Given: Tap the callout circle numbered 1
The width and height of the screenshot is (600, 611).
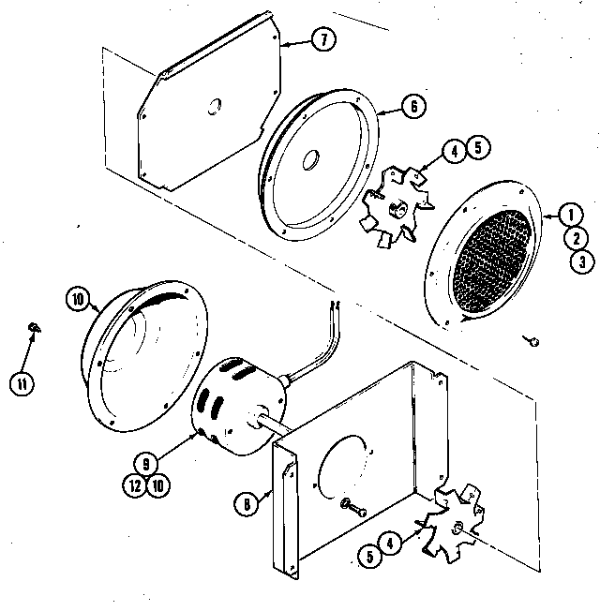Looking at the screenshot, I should click(568, 215).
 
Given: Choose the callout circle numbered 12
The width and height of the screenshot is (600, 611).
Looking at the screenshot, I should click(134, 484).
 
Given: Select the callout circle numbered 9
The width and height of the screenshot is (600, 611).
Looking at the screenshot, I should click(145, 461).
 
